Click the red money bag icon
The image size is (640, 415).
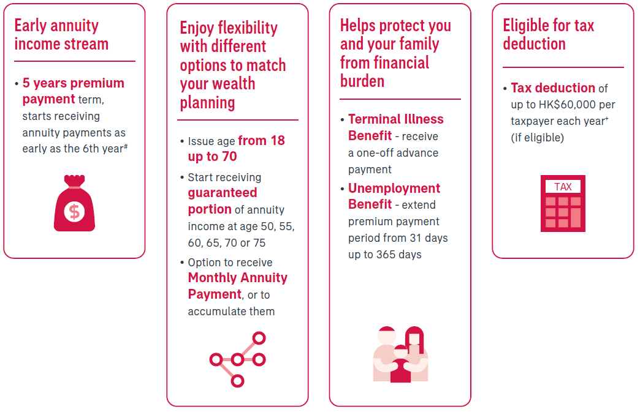click(x=74, y=203)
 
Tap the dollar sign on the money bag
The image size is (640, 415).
click(x=74, y=212)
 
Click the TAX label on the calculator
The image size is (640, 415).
click(x=563, y=187)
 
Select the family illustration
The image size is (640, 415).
click(x=400, y=354)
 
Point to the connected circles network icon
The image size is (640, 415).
click(x=237, y=359)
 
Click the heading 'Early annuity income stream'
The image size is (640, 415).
click(x=61, y=35)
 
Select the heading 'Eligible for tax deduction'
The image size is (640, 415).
click(x=548, y=35)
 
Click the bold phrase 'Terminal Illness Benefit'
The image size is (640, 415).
click(x=395, y=127)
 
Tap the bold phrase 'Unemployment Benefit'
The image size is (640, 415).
click(x=394, y=196)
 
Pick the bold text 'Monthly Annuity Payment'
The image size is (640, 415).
click(x=238, y=286)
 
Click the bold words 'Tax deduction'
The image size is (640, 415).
click(x=553, y=88)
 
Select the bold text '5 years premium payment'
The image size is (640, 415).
click(x=73, y=91)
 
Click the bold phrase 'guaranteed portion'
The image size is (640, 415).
click(x=223, y=201)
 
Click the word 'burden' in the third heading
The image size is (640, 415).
click(x=362, y=81)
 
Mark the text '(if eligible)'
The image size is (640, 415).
click(x=537, y=138)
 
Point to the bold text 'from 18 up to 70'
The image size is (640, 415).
click(x=237, y=148)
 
